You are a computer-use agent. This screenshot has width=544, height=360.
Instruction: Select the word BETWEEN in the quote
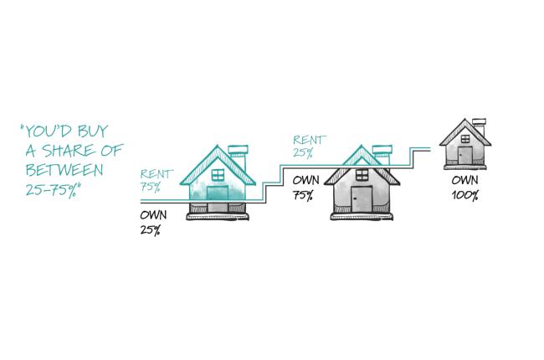(64, 170)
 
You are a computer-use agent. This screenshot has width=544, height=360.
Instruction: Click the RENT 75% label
(157, 181)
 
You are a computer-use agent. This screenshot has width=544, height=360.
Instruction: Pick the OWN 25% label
(153, 222)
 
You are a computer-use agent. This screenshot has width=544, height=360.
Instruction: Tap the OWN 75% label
(305, 188)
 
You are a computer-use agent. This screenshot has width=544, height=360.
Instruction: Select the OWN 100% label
(464, 188)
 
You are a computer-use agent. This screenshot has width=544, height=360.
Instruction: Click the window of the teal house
(218, 174)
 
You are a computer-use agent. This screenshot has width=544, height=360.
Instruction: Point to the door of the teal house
(218, 198)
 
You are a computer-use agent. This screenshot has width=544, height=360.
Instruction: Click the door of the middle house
(362, 199)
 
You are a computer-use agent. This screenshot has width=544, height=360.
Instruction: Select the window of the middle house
(362, 174)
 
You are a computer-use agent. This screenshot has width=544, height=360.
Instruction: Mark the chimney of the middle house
(382, 155)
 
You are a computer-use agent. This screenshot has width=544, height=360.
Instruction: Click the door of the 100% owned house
(464, 155)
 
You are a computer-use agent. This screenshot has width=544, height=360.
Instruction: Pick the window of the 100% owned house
(465, 139)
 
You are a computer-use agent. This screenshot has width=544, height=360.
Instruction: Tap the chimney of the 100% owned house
(480, 126)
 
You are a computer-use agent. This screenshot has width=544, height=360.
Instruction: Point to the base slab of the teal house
(218, 217)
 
